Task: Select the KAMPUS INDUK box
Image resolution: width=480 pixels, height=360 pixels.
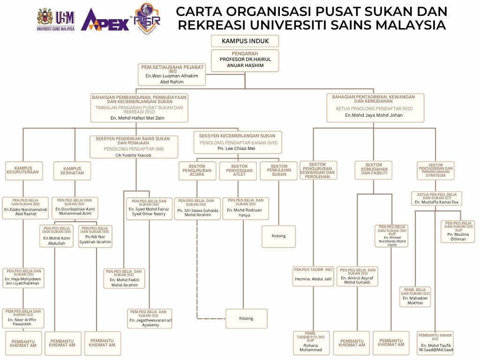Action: pos(245,41)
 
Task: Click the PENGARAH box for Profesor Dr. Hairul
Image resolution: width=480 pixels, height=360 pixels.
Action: pos(245,60)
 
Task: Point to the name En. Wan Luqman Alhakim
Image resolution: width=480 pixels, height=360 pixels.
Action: pos(172,75)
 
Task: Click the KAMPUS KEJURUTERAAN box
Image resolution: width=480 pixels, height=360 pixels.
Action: pos(23,171)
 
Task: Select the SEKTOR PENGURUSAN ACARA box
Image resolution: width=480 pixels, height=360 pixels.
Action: pos(197,171)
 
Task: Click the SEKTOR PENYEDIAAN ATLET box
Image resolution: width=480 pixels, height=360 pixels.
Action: pos(240,171)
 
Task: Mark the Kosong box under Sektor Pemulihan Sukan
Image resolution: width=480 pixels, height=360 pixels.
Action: pos(278,236)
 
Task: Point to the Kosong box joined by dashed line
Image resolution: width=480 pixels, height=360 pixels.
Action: pos(246,318)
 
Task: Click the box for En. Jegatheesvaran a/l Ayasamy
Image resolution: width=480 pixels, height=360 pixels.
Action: pos(150,318)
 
